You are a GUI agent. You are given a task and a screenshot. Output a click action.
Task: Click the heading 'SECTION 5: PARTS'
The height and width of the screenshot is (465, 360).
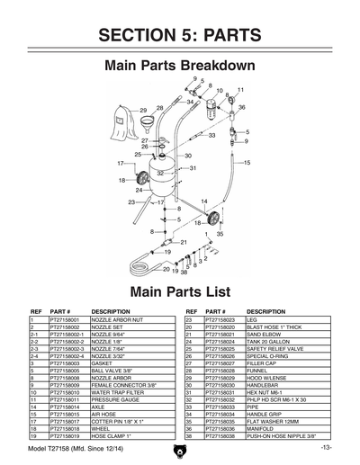180,35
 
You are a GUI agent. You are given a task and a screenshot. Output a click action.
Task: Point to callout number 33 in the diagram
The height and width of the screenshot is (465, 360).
212,136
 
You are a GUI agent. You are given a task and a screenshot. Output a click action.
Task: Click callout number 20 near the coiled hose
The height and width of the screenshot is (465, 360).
166,269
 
